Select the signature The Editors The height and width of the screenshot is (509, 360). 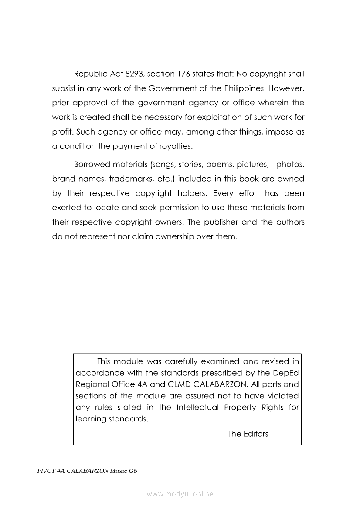248,434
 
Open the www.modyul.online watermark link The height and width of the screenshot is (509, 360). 180,494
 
